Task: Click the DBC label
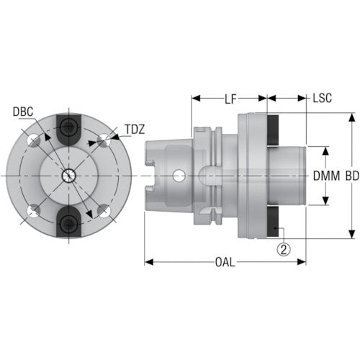(22, 112)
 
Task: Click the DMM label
(326, 175)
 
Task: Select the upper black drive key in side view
(276, 130)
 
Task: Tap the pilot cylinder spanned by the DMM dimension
(289, 174)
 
